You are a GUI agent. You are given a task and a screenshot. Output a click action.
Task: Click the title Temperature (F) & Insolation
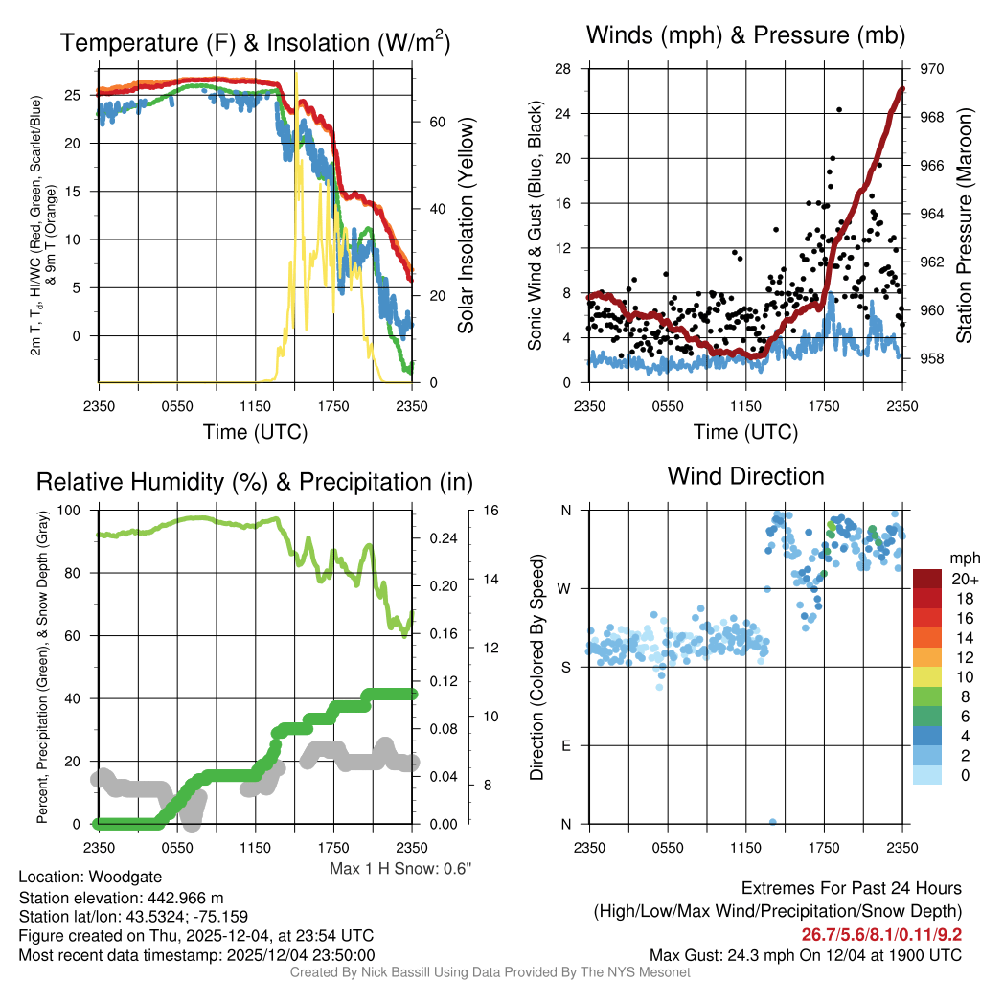point(255,43)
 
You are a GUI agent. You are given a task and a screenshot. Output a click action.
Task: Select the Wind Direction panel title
point(745,476)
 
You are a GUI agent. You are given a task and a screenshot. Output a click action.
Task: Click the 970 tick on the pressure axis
point(933,69)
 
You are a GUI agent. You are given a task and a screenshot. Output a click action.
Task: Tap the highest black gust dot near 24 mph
point(839,110)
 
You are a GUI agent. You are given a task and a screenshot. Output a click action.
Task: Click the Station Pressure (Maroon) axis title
point(965,225)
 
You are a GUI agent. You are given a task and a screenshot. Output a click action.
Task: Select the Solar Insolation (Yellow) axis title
point(467,226)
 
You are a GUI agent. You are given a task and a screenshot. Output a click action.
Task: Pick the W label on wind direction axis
point(566,588)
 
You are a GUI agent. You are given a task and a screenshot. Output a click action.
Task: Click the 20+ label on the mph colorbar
point(965,579)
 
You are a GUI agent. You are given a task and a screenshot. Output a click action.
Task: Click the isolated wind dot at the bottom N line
point(773,822)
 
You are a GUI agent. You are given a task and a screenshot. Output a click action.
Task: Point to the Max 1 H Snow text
point(400,868)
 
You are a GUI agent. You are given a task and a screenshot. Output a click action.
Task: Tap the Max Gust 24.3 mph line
point(806,954)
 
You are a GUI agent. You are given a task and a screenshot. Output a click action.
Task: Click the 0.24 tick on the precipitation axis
point(444,539)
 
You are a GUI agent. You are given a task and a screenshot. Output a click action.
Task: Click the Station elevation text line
point(121,898)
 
